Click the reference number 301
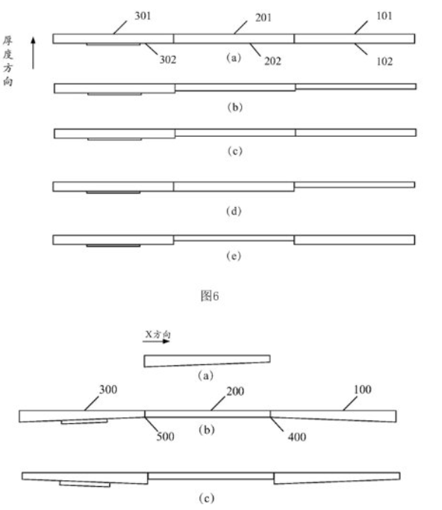tap(143, 16)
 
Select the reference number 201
tap(263, 17)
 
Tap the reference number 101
tap(385, 16)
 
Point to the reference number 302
tap(167, 60)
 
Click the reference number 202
tap(273, 61)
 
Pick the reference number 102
tap(385, 61)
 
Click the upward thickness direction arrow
tap(33, 53)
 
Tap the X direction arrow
tap(156, 341)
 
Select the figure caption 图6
tap(210, 295)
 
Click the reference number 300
tap(108, 390)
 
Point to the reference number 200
tap(235, 391)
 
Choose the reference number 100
tap(362, 390)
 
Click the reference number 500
tap(165, 436)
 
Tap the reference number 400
tap(297, 437)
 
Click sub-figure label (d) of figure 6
tap(234, 211)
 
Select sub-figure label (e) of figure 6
tap(234, 256)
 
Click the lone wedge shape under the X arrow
tap(207, 360)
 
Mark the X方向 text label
tap(158, 334)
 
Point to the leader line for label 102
tap(361, 49)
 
